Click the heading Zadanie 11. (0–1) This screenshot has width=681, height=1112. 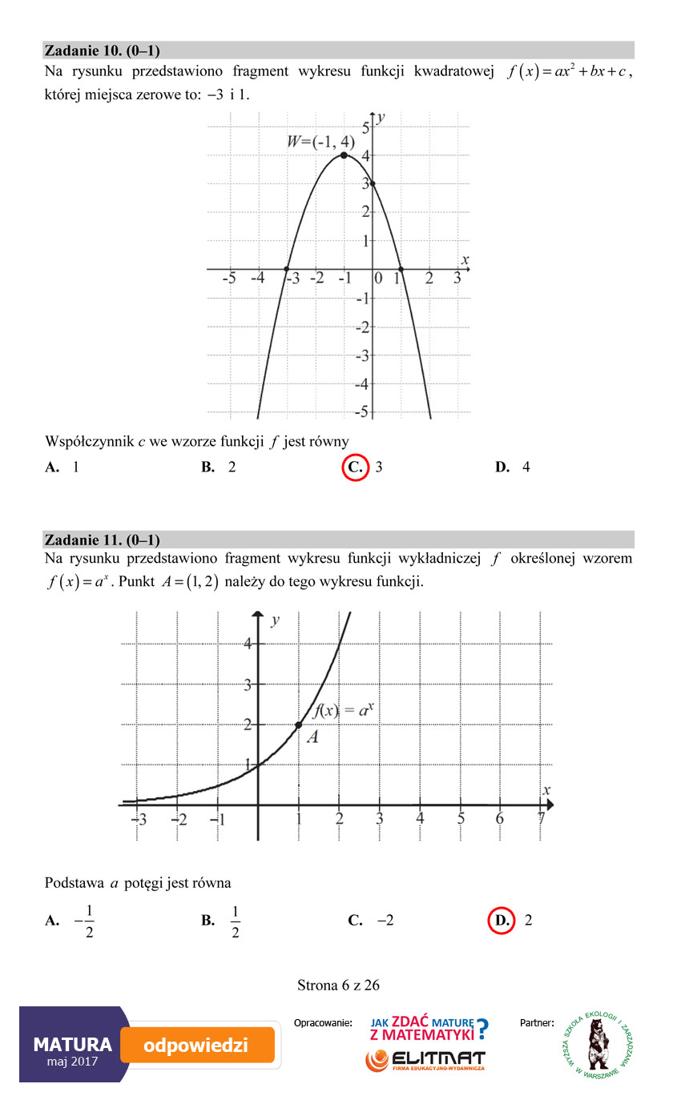103,539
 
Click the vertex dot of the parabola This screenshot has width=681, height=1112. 344,155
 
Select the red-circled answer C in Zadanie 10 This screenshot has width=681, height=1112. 354,467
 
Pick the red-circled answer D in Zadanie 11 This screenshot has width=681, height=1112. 502,920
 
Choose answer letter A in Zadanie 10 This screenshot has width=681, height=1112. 51,467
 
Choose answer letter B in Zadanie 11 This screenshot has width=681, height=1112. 208,920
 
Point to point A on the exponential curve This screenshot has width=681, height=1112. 299,725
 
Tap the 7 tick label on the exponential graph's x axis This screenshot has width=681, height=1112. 542,819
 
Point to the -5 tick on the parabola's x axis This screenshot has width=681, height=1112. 229,279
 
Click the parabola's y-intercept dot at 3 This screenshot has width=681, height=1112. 373,183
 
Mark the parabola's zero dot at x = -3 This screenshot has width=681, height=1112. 287,268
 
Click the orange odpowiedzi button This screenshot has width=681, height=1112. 197,1046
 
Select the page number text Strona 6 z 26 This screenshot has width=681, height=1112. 338,985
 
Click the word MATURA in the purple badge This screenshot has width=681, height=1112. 72,1044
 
